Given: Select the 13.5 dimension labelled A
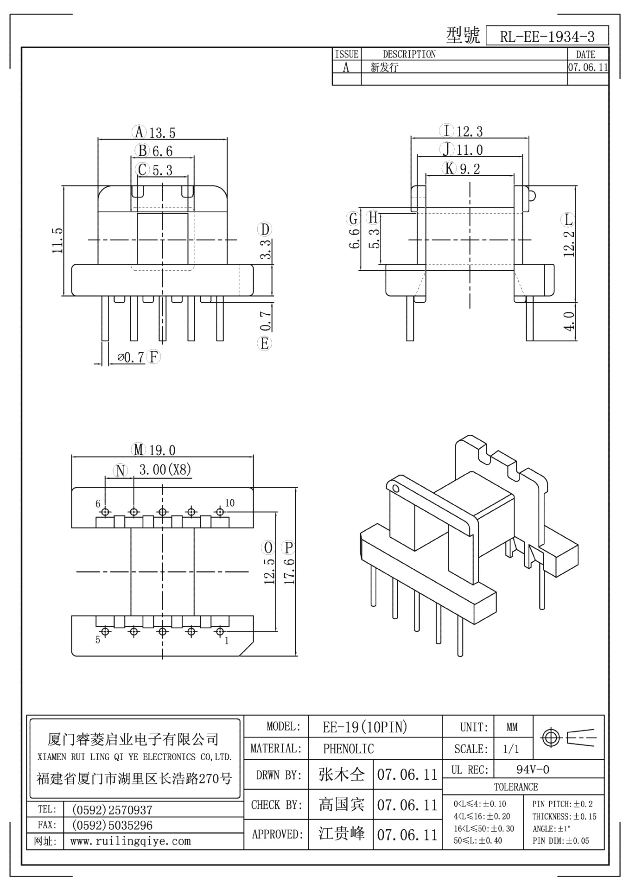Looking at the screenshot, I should pyautogui.click(x=162, y=133).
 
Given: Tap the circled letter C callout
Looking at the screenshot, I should pyautogui.click(x=142, y=170).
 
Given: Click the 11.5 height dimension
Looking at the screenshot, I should pyautogui.click(x=57, y=240).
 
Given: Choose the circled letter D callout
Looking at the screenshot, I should pyautogui.click(x=265, y=230).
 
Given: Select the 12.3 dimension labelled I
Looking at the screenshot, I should pyautogui.click(x=470, y=132).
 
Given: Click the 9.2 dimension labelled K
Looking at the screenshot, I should pyautogui.click(x=470, y=169).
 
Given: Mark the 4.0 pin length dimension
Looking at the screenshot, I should pyautogui.click(x=569, y=321).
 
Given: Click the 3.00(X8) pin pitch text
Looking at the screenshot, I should pyautogui.click(x=165, y=470).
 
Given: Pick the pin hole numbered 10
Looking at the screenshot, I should pyautogui.click(x=220, y=512).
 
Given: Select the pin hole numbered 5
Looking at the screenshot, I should pyautogui.click(x=105, y=632).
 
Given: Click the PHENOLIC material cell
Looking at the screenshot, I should pyautogui.click(x=348, y=749).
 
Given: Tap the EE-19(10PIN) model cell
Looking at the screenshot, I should pyautogui.click(x=365, y=727).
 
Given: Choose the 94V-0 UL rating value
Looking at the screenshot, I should pyautogui.click(x=533, y=770).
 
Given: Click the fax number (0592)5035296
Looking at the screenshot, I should pyautogui.click(x=112, y=825).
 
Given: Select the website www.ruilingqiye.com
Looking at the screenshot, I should pyautogui.click(x=130, y=841).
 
